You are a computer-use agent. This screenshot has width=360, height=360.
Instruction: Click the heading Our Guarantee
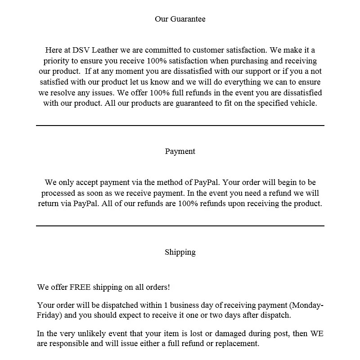pos(180,19)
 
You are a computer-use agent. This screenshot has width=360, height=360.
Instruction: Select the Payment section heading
pos(180,151)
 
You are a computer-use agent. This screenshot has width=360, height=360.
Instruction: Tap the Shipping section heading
pos(180,252)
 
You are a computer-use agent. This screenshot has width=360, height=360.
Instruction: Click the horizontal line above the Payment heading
pos(180,126)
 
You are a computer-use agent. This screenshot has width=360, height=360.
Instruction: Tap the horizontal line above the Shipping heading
pos(180,226)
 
